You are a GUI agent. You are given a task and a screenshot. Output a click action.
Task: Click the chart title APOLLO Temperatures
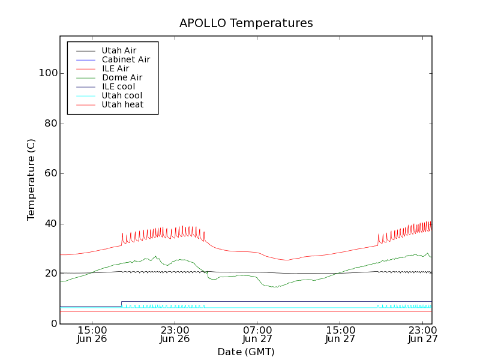pyautogui.click(x=246, y=23)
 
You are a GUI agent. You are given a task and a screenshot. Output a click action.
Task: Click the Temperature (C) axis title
pyautogui.click(x=31, y=179)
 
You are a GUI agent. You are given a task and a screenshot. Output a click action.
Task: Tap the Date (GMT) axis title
pyautogui.click(x=246, y=352)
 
